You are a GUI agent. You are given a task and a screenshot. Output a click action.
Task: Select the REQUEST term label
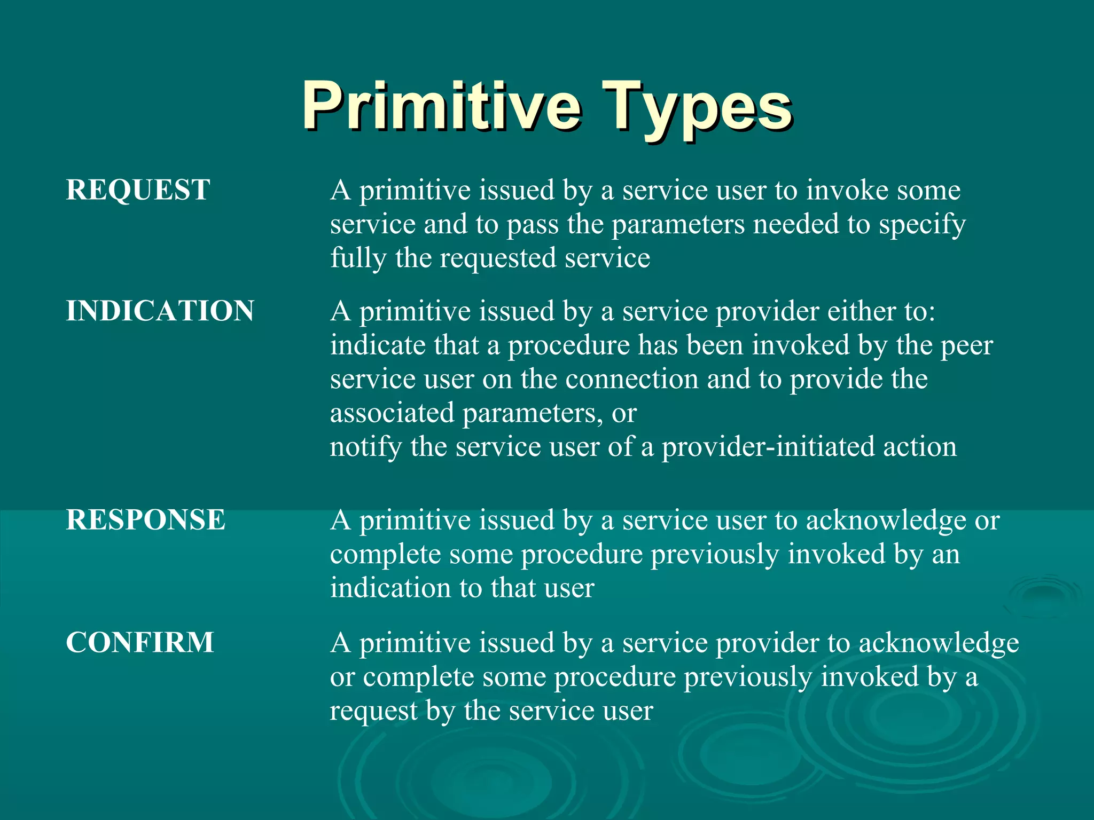pyautogui.click(x=138, y=190)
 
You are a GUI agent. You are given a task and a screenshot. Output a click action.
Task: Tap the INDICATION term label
pyautogui.click(x=160, y=311)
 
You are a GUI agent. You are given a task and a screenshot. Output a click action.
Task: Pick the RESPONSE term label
pyautogui.click(x=145, y=520)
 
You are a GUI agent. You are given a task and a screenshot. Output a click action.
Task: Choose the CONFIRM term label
pyautogui.click(x=139, y=642)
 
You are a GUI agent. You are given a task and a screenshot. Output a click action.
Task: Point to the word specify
pyautogui.click(x=922, y=225)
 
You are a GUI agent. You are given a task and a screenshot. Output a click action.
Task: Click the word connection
pyautogui.click(x=631, y=380)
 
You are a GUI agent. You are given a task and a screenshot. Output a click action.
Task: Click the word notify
pyautogui.click(x=365, y=447)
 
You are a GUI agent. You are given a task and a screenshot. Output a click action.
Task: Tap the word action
pyautogui.click(x=919, y=447)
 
